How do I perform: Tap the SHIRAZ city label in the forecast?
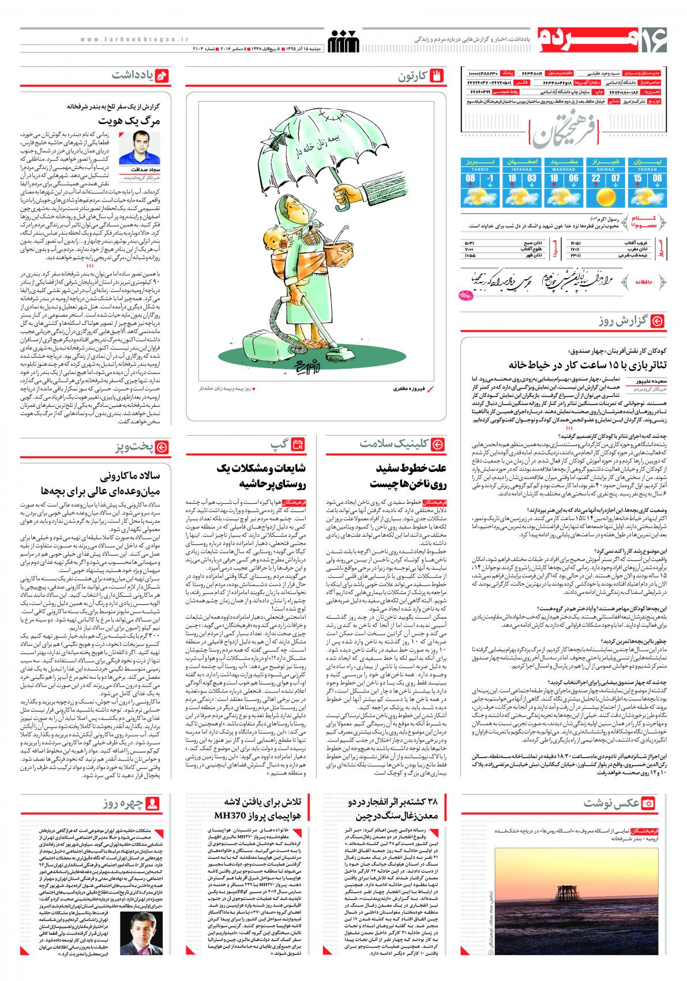(601, 170)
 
